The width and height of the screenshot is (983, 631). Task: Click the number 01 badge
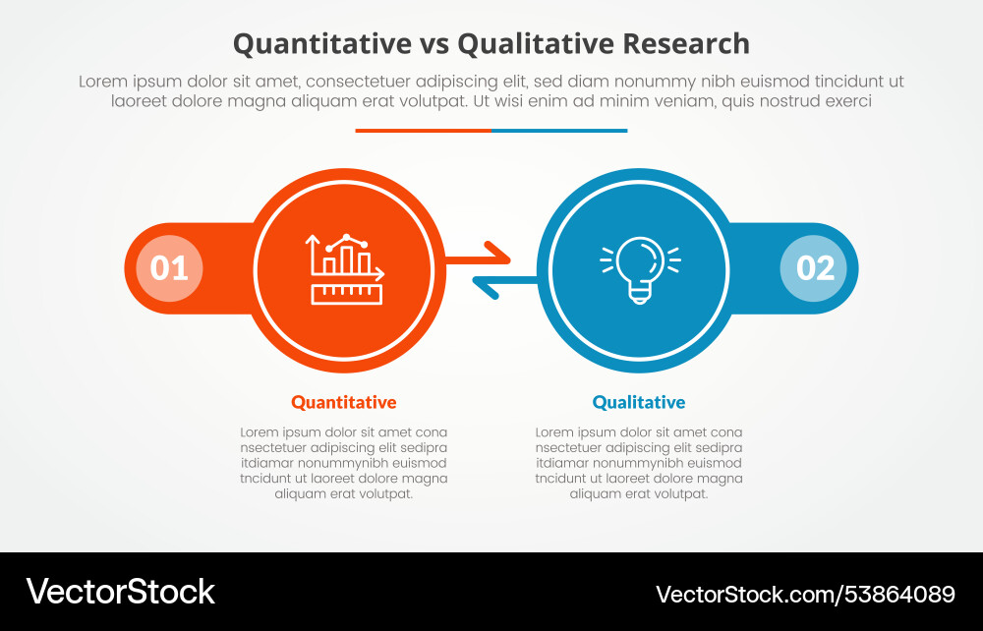(x=169, y=268)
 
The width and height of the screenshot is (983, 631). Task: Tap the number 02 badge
(x=814, y=268)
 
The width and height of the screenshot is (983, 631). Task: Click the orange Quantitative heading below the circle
(x=344, y=402)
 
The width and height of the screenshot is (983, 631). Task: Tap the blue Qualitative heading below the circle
(x=639, y=402)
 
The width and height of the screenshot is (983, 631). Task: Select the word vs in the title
(x=434, y=44)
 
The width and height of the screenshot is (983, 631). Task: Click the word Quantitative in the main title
(x=321, y=44)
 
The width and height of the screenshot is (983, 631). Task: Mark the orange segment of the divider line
(x=423, y=130)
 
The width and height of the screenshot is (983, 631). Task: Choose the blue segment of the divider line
(x=559, y=130)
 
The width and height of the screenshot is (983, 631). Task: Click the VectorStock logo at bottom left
(x=120, y=591)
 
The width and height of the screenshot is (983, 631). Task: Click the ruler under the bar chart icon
(x=345, y=293)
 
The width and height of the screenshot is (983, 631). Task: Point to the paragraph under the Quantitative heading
(x=344, y=463)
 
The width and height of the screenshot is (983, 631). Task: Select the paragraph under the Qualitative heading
(x=639, y=463)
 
